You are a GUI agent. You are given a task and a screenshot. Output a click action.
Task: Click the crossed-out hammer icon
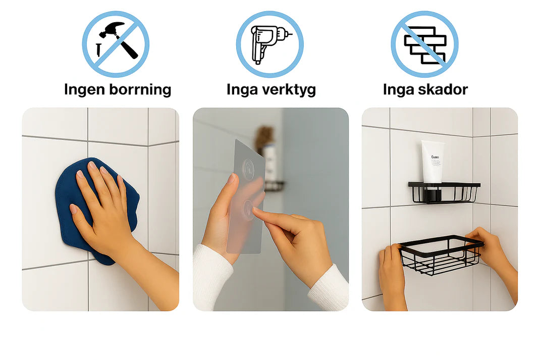[x=116, y=44]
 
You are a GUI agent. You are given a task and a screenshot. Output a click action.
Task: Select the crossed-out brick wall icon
[x=424, y=44]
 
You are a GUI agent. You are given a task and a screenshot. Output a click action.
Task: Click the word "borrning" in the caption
[x=140, y=89]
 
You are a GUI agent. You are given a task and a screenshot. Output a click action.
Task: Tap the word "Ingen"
[x=84, y=90]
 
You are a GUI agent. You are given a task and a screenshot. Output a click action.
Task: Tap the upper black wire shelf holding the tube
[x=444, y=193]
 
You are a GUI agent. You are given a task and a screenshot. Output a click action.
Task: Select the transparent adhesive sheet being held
[x=245, y=196]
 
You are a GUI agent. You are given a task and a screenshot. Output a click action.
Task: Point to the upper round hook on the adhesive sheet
[x=248, y=168]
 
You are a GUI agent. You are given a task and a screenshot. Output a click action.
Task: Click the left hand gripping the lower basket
[x=392, y=272]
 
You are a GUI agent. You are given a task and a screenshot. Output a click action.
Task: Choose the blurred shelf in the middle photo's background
[x=275, y=186]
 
